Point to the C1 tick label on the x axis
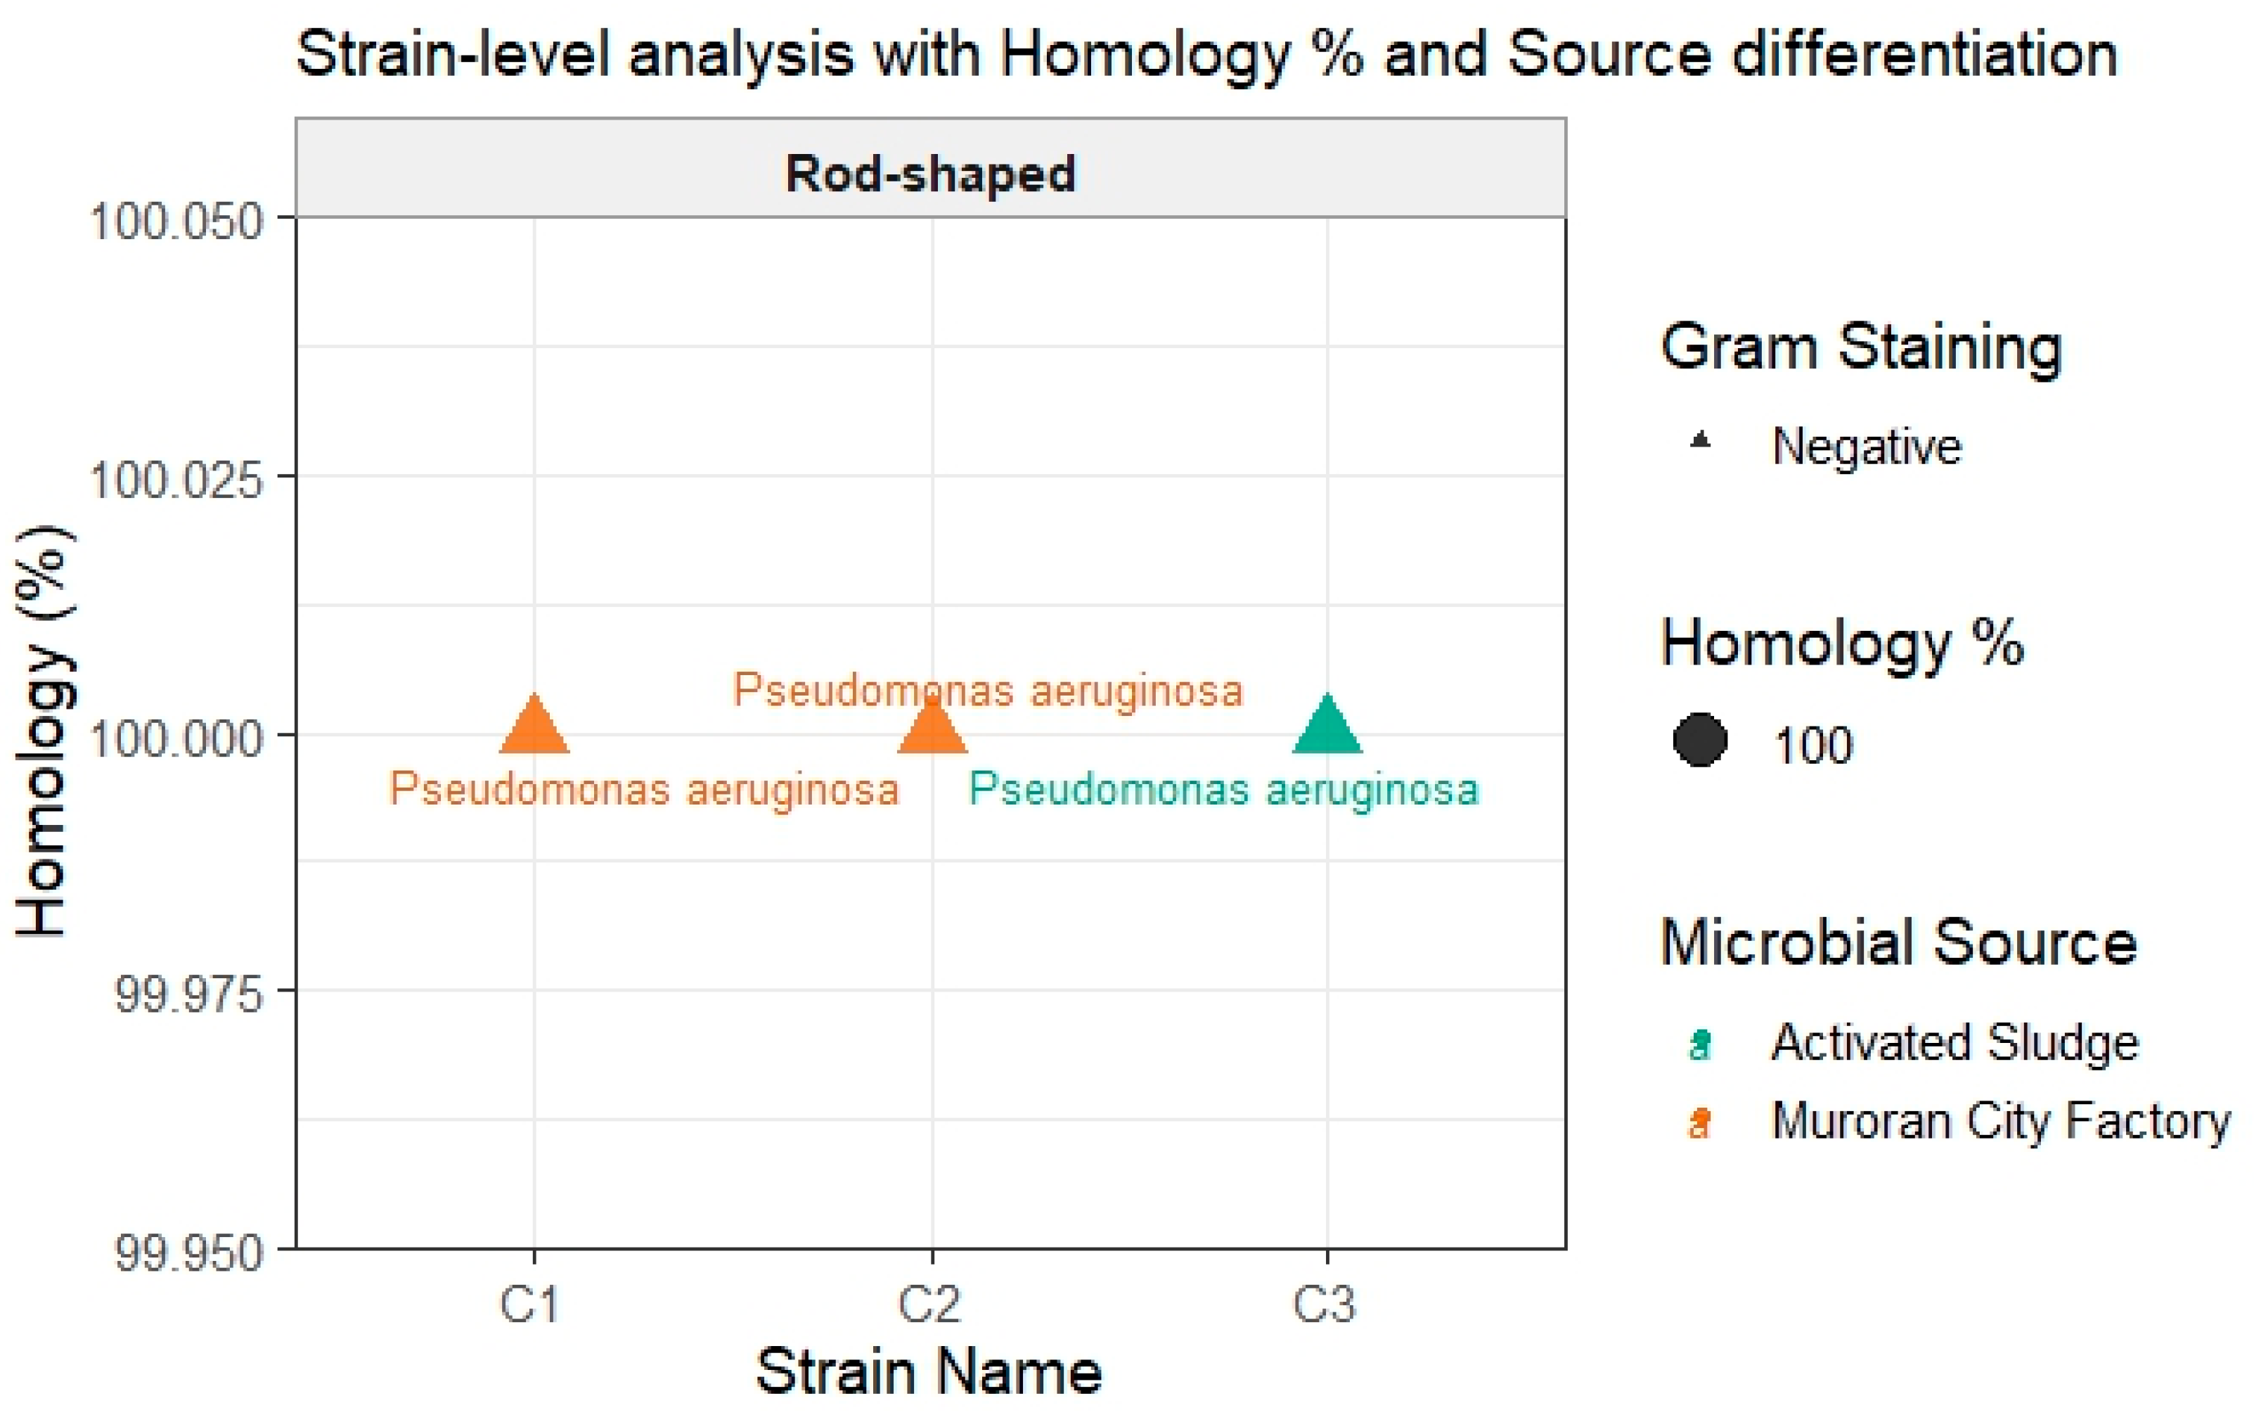click(x=530, y=1303)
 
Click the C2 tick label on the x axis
click(x=929, y=1303)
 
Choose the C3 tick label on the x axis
click(x=1324, y=1303)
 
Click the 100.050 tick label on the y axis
click(x=176, y=223)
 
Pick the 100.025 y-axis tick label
click(x=176, y=480)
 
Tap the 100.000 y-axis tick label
click(x=176, y=738)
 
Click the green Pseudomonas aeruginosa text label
click(x=1223, y=789)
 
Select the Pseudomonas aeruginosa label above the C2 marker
click(x=988, y=691)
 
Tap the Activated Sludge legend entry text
click(x=1954, y=1043)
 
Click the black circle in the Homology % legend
click(x=1700, y=741)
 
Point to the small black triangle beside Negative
click(x=1701, y=440)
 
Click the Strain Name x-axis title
click(x=929, y=1372)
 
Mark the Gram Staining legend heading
click(x=1861, y=347)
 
